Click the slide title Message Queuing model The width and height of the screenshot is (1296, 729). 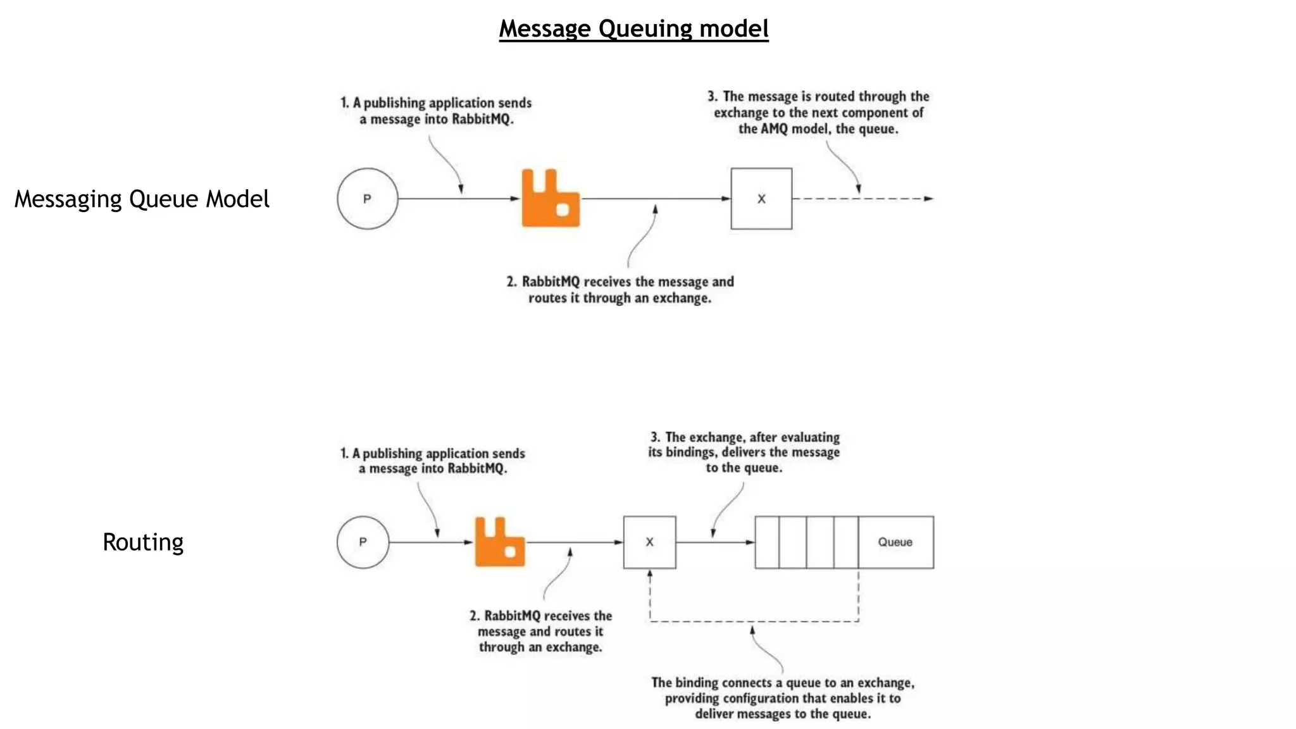point(633,29)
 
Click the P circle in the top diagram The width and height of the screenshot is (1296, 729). point(367,199)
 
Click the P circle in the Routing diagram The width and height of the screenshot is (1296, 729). point(363,542)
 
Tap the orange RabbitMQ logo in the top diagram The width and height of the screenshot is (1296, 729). point(550,199)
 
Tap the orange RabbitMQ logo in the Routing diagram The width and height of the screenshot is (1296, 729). point(499,542)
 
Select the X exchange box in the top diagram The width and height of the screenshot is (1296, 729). point(761,199)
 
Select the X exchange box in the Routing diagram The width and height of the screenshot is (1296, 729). point(649,542)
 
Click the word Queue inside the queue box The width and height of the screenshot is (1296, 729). point(895,542)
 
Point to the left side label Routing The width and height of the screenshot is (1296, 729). point(143,542)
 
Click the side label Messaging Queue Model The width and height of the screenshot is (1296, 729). point(142,199)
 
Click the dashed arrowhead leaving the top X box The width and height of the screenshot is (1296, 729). point(928,199)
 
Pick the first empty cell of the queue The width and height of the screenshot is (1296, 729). point(767,542)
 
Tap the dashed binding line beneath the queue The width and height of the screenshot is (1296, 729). point(753,621)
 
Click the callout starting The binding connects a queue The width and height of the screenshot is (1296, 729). point(783,698)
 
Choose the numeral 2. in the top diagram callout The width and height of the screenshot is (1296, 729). point(511,282)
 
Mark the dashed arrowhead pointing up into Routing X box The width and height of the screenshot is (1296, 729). point(650,574)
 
